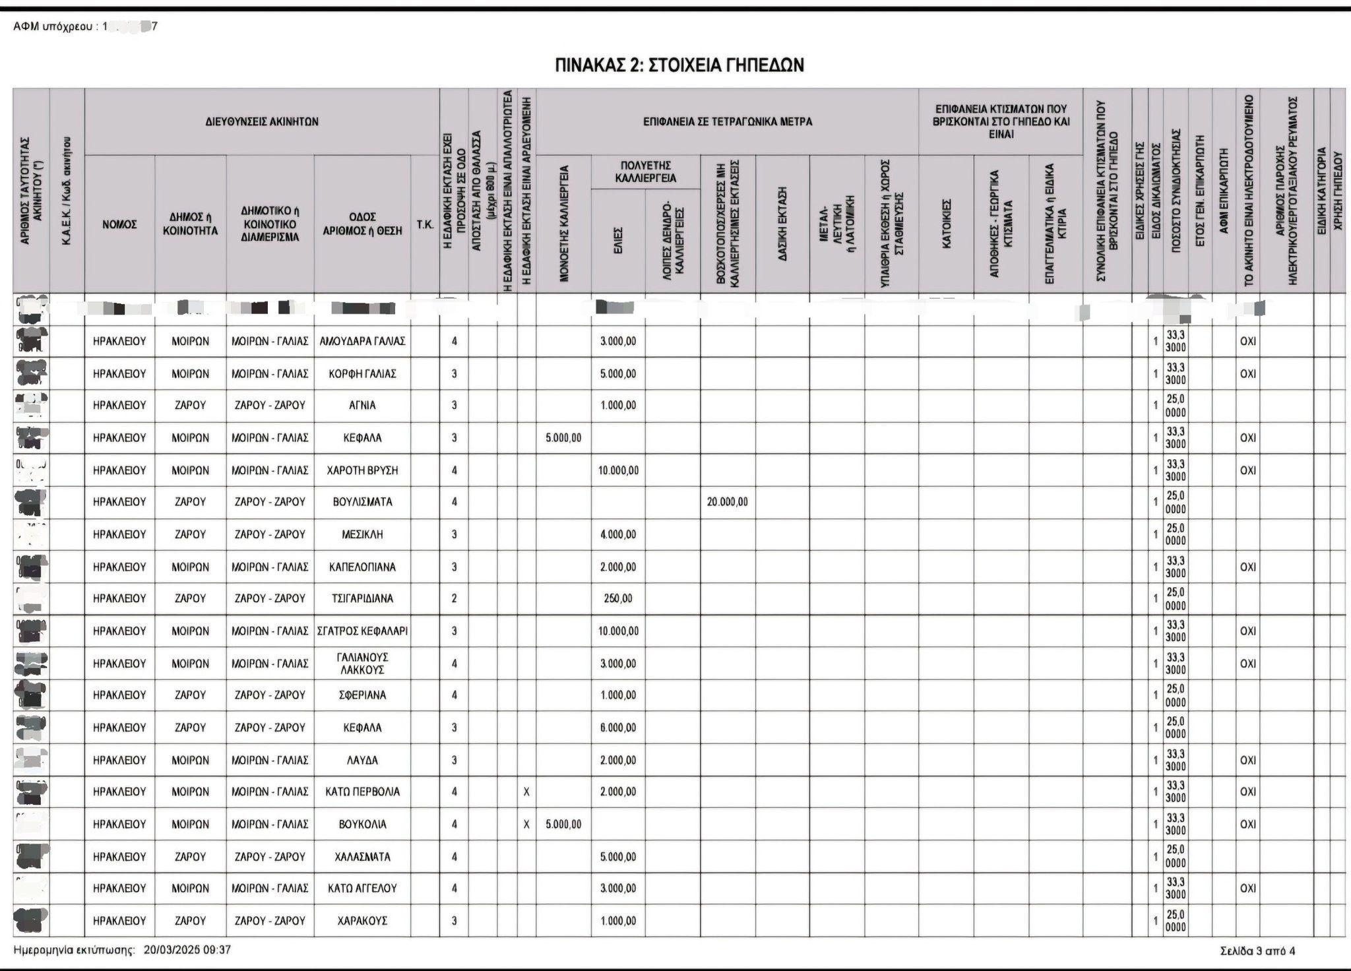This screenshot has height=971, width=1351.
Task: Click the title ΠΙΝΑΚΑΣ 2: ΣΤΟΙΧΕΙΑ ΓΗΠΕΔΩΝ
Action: tap(679, 65)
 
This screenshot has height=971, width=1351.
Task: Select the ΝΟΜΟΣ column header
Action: tap(119, 224)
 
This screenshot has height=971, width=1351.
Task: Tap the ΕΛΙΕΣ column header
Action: tap(618, 241)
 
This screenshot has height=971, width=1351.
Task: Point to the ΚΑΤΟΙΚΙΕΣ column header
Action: tap(946, 224)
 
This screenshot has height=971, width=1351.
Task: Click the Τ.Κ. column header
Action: tap(425, 224)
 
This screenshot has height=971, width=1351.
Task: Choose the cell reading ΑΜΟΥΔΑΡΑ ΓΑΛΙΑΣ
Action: tap(362, 341)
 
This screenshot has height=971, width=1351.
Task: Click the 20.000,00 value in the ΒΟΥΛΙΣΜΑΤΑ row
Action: tap(727, 502)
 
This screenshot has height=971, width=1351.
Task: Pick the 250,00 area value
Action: tap(618, 598)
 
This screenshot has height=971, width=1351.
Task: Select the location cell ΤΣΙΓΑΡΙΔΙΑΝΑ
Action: tap(362, 598)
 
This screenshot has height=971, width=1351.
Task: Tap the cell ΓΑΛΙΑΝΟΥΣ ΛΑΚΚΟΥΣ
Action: tap(362, 663)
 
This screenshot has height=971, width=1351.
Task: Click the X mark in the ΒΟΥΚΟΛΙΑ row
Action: tap(526, 824)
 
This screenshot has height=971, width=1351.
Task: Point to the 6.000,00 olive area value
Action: tap(618, 728)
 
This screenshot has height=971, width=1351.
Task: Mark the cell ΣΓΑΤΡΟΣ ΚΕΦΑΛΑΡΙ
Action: tap(362, 631)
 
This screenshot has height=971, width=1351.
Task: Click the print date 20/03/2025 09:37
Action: tap(187, 950)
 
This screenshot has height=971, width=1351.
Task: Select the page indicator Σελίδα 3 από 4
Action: tap(1257, 951)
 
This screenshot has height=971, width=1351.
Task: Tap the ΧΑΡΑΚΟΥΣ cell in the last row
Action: tap(362, 920)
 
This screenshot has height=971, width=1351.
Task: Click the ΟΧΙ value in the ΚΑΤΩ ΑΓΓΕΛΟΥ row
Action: tap(1248, 888)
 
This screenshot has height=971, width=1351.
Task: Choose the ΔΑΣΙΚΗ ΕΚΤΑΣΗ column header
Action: tap(782, 224)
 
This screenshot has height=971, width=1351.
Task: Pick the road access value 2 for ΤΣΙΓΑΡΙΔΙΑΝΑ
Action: tap(454, 598)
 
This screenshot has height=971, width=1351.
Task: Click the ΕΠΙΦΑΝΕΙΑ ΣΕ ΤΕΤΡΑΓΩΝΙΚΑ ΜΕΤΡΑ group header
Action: tap(727, 121)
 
